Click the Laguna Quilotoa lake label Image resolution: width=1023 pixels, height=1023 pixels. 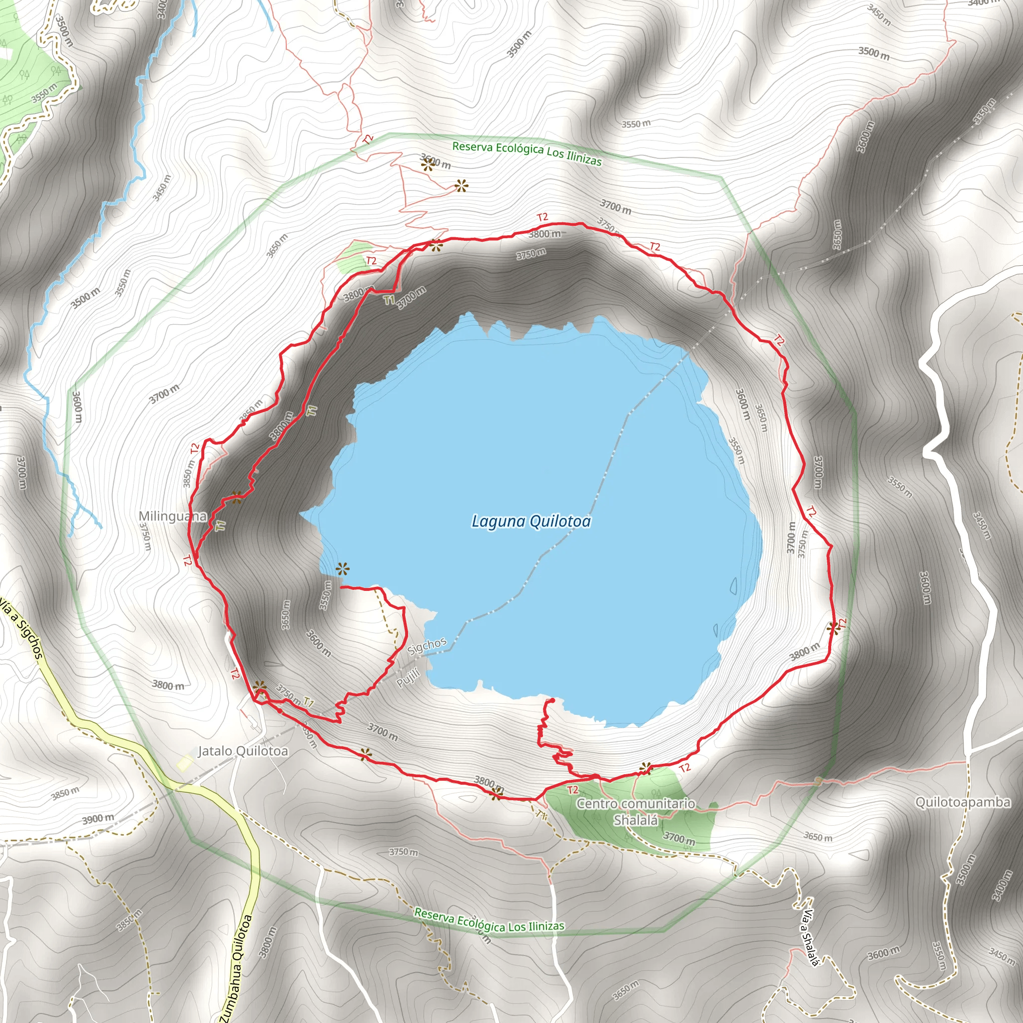[x=531, y=521]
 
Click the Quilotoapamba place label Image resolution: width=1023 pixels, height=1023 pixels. [x=963, y=802]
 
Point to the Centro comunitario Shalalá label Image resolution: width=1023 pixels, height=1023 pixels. [x=635, y=812]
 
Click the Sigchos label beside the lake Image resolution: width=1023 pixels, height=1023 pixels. [x=427, y=645]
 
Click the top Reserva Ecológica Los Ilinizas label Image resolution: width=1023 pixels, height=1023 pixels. [x=527, y=153]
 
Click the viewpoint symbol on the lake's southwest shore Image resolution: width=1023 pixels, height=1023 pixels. [x=343, y=569]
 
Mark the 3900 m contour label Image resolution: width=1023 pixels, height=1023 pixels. [x=98, y=819]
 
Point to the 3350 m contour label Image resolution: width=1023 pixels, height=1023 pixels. [x=985, y=112]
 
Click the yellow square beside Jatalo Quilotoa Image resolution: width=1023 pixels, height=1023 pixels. [x=185, y=763]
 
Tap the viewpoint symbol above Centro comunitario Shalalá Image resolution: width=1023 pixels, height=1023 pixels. [x=645, y=768]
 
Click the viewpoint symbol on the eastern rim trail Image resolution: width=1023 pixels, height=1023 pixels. [x=833, y=628]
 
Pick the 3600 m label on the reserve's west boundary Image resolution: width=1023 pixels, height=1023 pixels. [x=77, y=407]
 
